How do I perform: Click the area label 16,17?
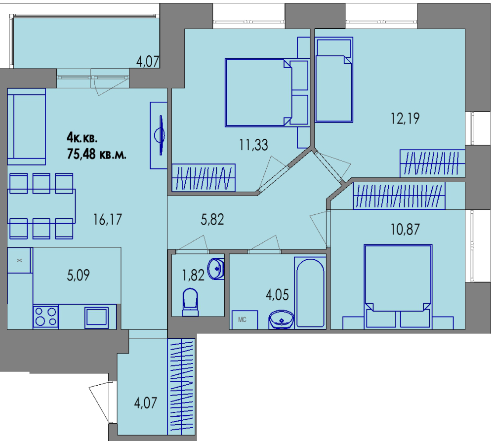click(x=107, y=220)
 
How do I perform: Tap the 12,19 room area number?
click(x=405, y=119)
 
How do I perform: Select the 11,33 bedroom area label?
click(x=253, y=145)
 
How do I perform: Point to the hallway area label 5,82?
click(x=212, y=219)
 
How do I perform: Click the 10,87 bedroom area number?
click(x=405, y=229)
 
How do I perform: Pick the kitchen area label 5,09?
click(x=79, y=275)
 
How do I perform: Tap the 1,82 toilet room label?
click(x=194, y=275)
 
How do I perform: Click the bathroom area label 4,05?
click(x=277, y=295)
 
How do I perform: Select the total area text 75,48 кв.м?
click(x=97, y=155)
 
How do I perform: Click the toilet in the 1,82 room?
click(x=190, y=302)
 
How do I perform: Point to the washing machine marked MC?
click(x=245, y=320)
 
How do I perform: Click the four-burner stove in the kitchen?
click(x=45, y=317)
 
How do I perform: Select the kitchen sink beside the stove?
click(x=96, y=317)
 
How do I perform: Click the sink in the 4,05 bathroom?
click(x=282, y=320)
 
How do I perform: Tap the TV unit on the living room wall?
click(x=159, y=135)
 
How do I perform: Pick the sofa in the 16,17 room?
click(x=27, y=126)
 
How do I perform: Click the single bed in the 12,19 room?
click(x=334, y=80)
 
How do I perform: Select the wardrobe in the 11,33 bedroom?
click(x=204, y=177)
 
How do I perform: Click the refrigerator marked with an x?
click(x=20, y=260)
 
